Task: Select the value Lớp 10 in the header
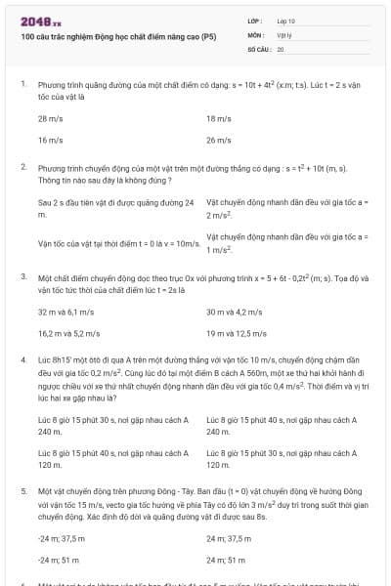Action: click(286, 21)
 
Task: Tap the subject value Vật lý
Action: click(284, 34)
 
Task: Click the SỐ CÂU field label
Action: click(258, 48)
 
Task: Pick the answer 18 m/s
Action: click(219, 118)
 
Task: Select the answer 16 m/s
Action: click(50, 141)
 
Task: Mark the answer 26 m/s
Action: click(219, 141)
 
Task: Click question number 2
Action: click(23, 167)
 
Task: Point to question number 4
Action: click(23, 359)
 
